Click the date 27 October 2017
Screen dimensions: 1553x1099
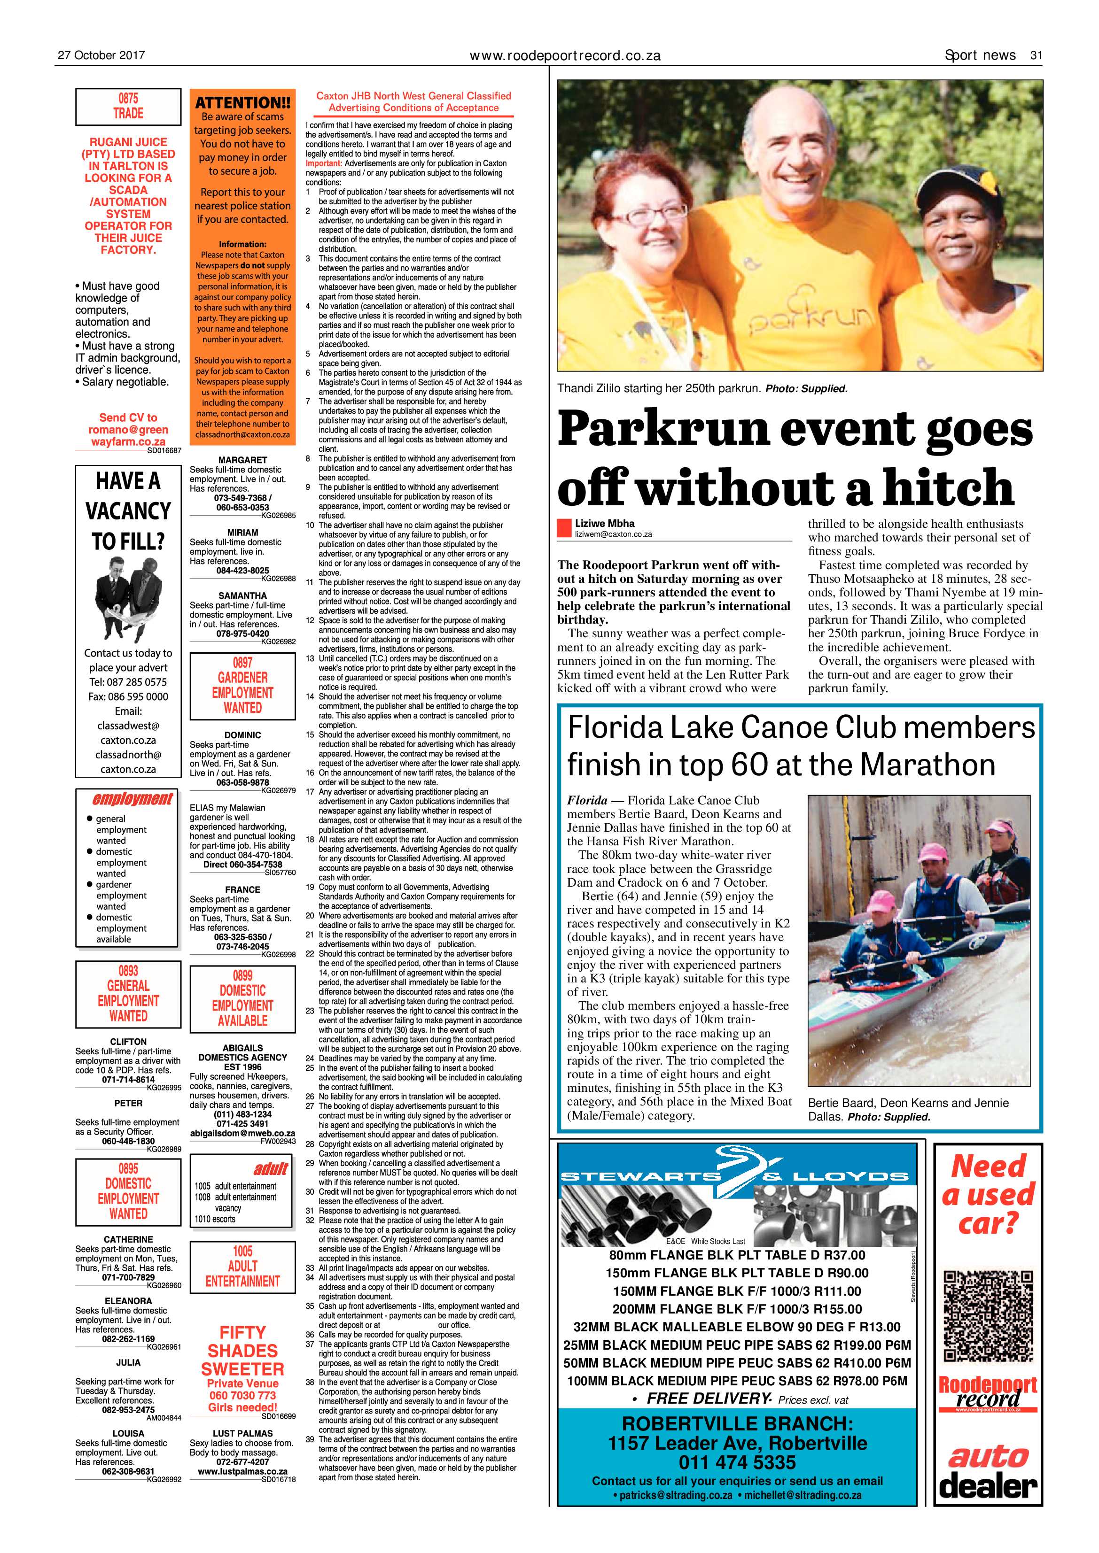[101, 55]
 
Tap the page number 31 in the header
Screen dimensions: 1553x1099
[1036, 55]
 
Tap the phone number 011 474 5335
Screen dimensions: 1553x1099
[737, 1462]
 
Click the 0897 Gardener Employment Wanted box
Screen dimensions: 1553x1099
[242, 685]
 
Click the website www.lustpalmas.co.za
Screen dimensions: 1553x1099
[242, 1490]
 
